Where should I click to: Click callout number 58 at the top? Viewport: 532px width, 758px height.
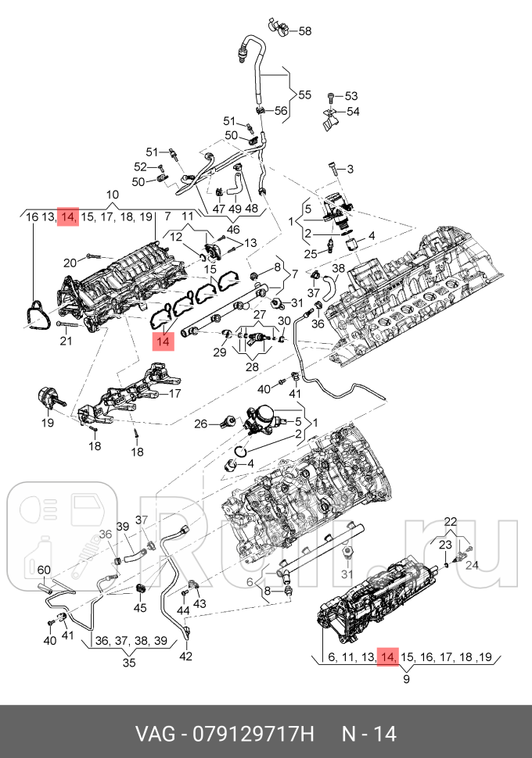305,31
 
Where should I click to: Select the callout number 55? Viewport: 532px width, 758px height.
304,95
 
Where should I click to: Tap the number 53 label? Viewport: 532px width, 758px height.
350,96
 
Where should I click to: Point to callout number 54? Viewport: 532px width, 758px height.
352,111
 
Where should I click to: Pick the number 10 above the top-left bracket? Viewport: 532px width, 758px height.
112,195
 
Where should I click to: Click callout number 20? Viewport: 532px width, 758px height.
70,263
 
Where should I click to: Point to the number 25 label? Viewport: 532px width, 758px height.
311,252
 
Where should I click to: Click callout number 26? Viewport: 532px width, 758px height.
201,424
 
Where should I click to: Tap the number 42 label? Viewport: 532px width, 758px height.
185,656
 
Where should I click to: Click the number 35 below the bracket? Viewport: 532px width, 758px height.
129,663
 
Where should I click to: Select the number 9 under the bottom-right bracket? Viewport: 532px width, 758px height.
407,679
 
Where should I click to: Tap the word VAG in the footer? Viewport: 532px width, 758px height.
153,734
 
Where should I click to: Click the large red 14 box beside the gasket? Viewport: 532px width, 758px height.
163,341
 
